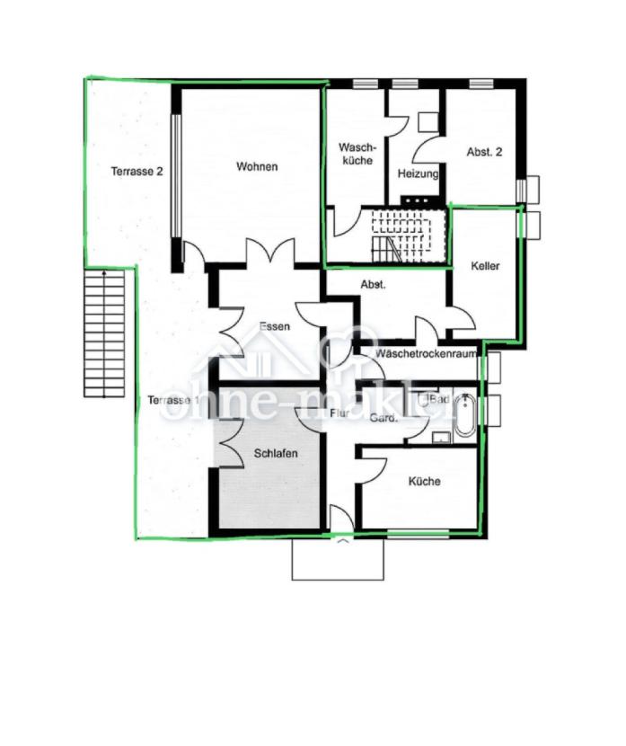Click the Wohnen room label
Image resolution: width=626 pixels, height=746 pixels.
point(257,166)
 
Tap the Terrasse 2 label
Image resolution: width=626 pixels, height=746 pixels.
point(137,171)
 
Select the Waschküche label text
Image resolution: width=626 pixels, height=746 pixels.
point(357,154)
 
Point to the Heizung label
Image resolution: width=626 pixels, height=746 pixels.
point(418,173)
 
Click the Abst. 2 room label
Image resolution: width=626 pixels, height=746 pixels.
point(484,153)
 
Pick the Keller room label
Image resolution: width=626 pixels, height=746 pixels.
point(485,267)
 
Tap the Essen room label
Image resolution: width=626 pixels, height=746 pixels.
point(274,326)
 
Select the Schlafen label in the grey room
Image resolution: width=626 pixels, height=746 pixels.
point(275,454)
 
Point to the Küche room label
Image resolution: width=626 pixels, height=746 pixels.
point(424,482)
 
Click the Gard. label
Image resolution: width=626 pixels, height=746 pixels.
point(383,417)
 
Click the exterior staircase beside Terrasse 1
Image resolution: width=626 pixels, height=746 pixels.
point(104,333)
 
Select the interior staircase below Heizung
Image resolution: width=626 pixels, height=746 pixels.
point(404,235)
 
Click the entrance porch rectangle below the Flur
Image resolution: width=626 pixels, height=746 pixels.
point(338,559)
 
